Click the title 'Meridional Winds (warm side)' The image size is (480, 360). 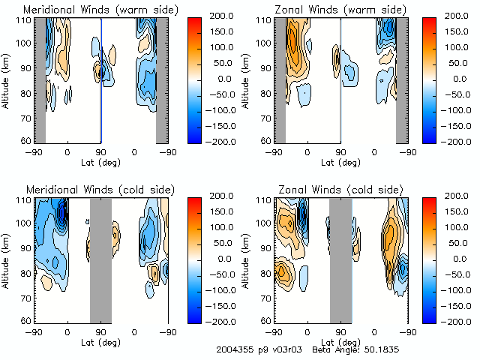point(100,10)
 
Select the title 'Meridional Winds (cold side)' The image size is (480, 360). point(100,190)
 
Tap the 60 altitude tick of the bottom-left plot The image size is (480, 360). point(25,320)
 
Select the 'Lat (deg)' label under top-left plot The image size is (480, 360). point(100,162)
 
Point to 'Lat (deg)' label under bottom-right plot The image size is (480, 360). point(340,342)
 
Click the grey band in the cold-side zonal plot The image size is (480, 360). point(340,259)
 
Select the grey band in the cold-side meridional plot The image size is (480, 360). point(100,259)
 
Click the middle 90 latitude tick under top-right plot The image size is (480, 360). point(340,152)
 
